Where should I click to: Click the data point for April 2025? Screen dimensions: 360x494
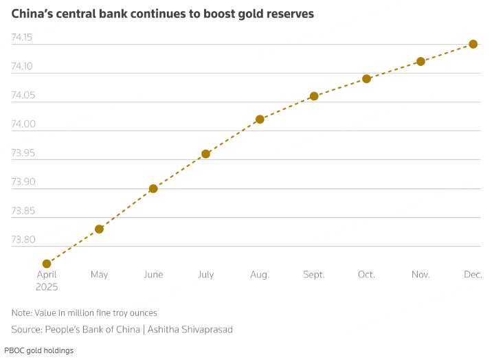[47, 264]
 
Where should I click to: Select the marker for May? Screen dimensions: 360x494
[99, 229]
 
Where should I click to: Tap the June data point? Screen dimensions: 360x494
[153, 188]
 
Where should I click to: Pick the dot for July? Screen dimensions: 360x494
[205, 154]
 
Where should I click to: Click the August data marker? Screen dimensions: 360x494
[260, 119]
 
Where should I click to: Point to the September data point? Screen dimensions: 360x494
[314, 96]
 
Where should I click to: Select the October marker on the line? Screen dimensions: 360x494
[366, 79]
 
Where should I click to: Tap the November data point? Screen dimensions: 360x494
[420, 61]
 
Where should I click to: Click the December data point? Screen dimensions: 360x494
[473, 44]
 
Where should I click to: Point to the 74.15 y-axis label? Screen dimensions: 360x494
[23, 37]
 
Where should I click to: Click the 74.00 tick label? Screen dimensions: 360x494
[23, 124]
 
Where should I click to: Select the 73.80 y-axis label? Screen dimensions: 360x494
[23, 240]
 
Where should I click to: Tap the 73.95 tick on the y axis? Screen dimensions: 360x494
[23, 153]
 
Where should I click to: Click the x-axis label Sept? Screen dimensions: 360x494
[314, 275]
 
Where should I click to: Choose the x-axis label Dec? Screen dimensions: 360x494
[473, 275]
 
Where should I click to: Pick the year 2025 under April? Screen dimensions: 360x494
[47, 287]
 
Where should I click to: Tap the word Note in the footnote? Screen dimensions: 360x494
[23, 313]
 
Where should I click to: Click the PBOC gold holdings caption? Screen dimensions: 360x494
[38, 350]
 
